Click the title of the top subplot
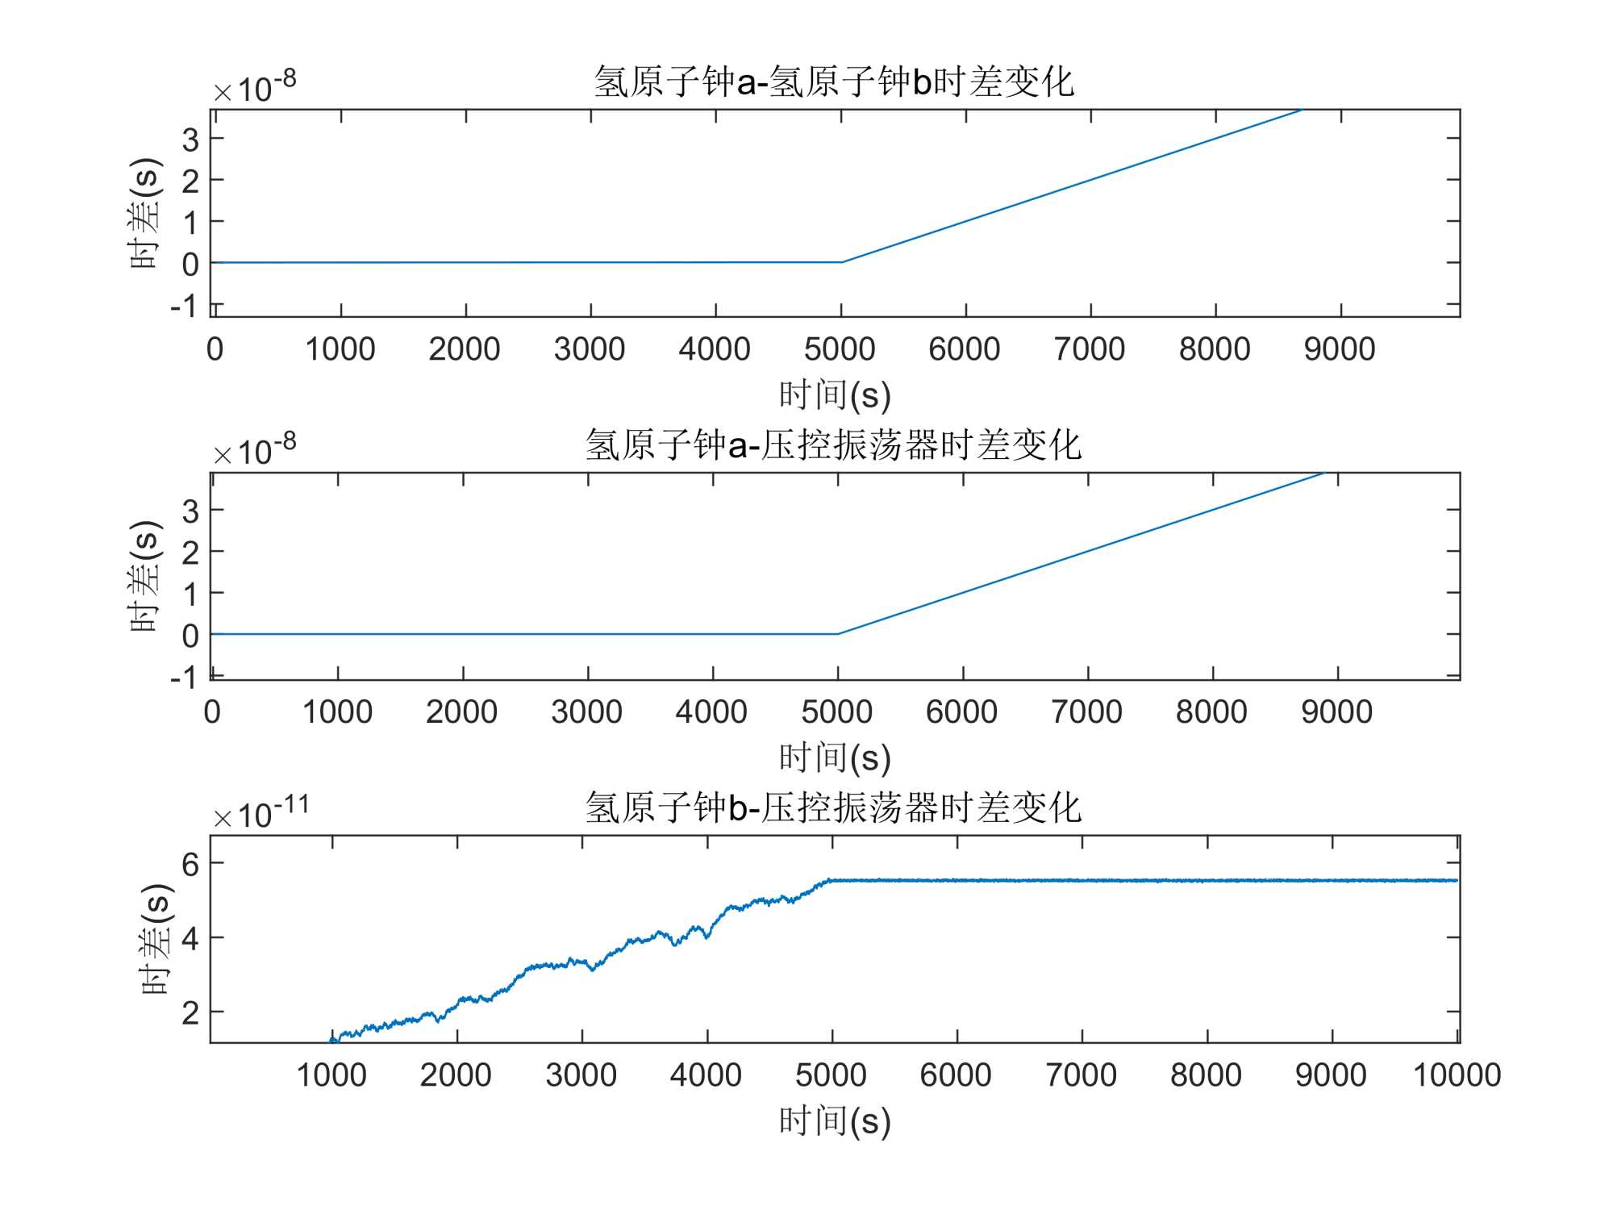[834, 81]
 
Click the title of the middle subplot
[834, 444]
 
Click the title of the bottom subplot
[834, 807]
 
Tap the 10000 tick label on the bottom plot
[1457, 1075]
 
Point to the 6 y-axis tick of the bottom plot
[190, 865]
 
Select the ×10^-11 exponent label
[260, 813]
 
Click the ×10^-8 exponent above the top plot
[255, 87]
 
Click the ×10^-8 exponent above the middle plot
[255, 450]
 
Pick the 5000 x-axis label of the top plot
[840, 349]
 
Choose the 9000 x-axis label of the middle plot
[1336, 712]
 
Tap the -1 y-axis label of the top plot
[184, 307]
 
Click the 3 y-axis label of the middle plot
[190, 511]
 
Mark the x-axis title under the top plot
[835, 395]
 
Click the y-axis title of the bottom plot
[155, 939]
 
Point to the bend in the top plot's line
[841, 262]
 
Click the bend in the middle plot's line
[838, 634]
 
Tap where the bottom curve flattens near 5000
[831, 880]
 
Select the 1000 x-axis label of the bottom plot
[331, 1075]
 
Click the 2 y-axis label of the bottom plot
[190, 1012]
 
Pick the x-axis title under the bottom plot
[835, 1121]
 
